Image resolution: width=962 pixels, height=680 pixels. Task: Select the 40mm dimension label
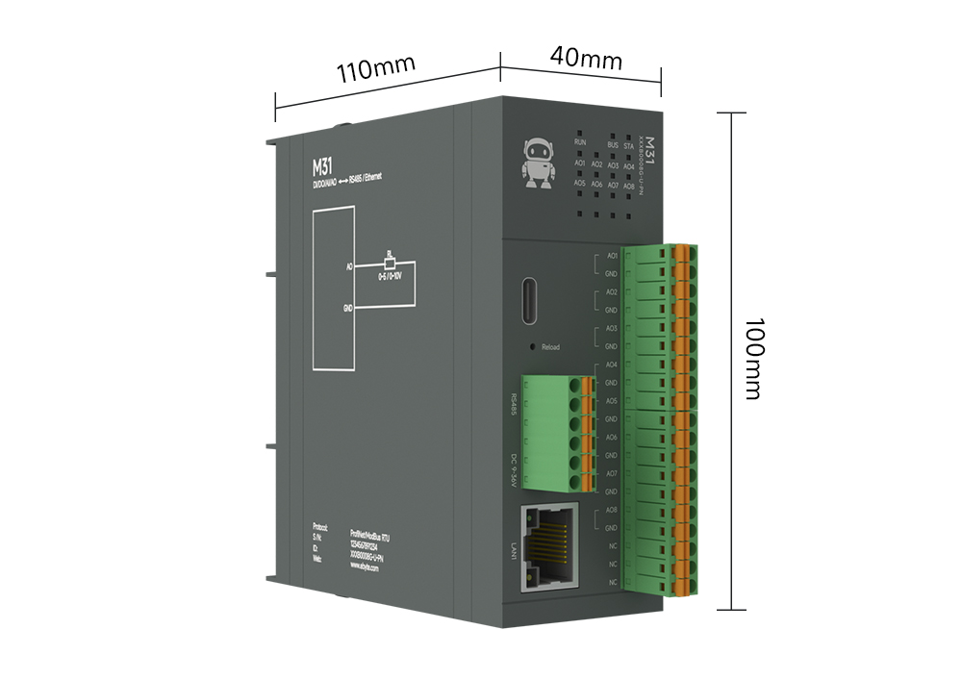point(586,58)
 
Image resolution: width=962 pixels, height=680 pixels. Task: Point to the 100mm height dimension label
point(751,358)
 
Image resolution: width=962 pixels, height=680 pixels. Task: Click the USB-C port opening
point(530,302)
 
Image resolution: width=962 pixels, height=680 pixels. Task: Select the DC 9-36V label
point(514,468)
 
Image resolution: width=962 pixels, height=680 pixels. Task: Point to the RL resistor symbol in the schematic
point(390,262)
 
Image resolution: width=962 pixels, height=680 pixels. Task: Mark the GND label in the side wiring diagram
point(348,308)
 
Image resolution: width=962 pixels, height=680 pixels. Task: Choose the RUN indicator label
point(579,142)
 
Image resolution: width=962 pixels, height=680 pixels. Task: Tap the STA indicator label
point(628,146)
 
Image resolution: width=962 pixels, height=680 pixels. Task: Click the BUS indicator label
point(613,145)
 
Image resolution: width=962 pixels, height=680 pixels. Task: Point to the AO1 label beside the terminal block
point(611,257)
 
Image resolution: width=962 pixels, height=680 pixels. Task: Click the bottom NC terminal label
point(612,582)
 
